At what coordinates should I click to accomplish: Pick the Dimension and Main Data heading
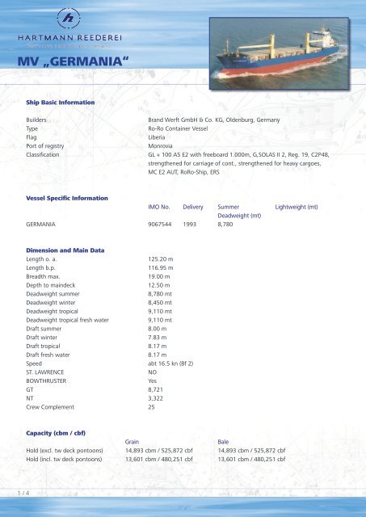click(65, 249)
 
